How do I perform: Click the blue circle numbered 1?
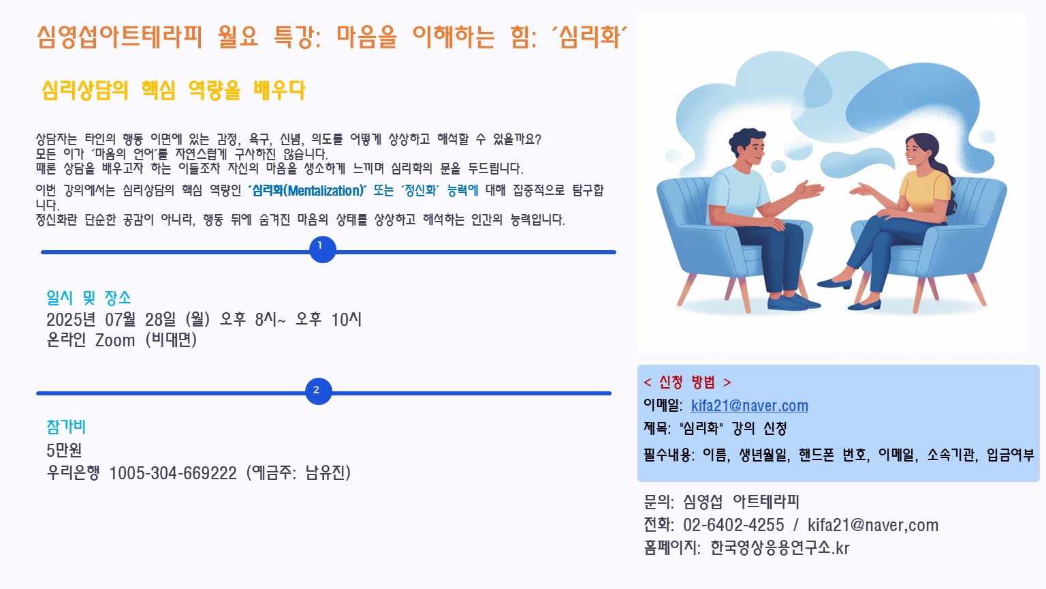[323, 250]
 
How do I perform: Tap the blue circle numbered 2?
[319, 391]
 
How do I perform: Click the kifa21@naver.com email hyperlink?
[750, 406]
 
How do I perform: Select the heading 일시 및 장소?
[89, 297]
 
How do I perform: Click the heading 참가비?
[66, 427]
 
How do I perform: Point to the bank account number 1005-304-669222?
[173, 473]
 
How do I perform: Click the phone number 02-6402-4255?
[733, 525]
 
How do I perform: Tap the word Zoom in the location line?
[115, 340]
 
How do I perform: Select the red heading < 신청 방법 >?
[687, 382]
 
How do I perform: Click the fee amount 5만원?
[64, 450]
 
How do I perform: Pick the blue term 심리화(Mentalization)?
[307, 191]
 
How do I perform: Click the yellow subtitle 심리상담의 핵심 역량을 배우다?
[173, 90]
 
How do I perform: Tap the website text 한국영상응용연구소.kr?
[780, 548]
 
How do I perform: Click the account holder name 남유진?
[325, 473]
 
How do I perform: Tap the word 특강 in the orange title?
[293, 37]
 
